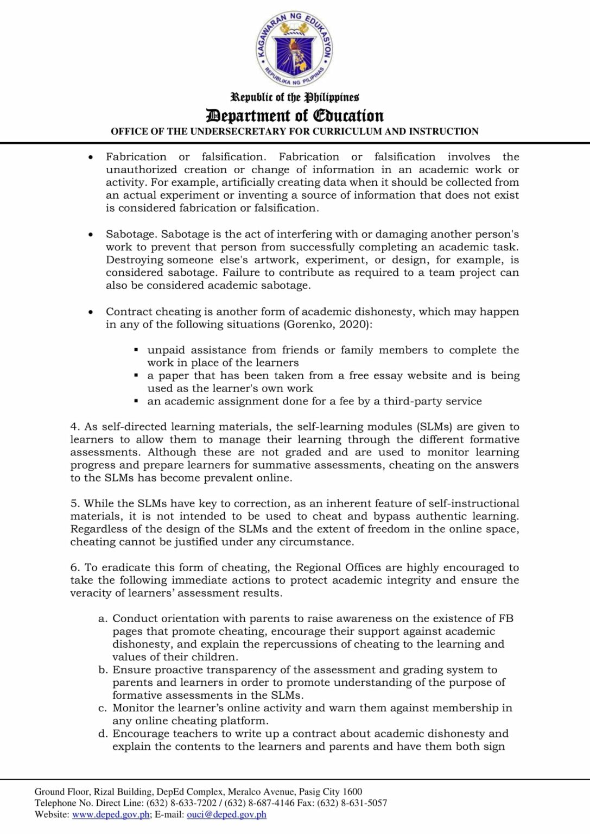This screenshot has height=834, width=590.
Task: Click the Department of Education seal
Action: point(294,49)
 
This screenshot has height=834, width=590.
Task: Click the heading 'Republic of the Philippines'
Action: point(295,97)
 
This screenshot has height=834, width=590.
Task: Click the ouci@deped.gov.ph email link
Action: point(226,814)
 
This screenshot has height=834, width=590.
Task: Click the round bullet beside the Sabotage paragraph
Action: point(91,235)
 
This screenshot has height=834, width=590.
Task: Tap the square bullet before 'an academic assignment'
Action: point(136,401)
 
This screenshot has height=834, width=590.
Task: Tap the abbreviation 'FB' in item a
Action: point(506,618)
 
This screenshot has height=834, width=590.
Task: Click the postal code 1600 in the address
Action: point(353,792)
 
